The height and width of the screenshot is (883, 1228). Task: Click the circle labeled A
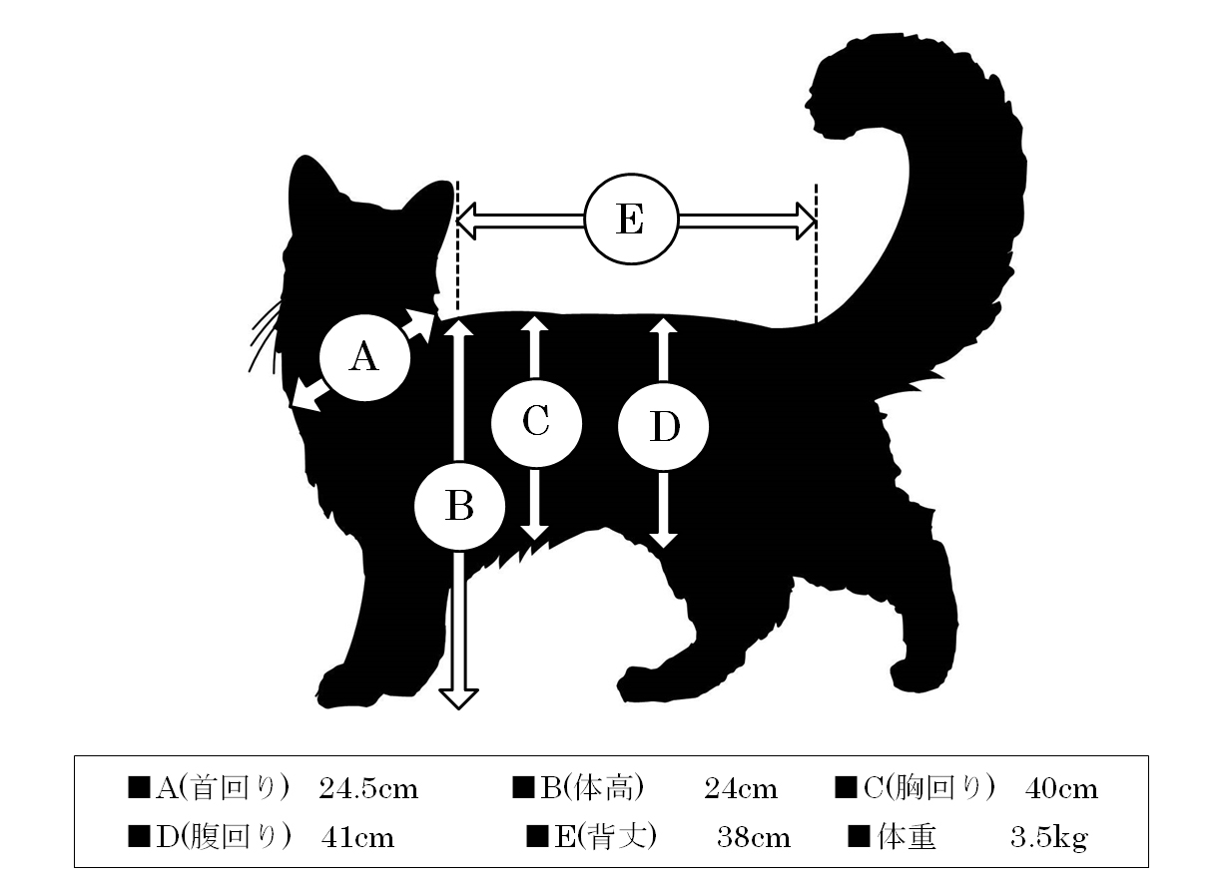pos(364,358)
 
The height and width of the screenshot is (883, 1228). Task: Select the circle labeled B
pos(459,507)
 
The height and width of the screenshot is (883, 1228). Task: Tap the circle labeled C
pos(536,422)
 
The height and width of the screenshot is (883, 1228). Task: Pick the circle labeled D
pos(663,426)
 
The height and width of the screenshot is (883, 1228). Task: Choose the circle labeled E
pos(632,220)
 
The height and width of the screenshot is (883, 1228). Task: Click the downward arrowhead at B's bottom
pos(459,698)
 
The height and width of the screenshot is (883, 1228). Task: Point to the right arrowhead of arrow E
pos(806,221)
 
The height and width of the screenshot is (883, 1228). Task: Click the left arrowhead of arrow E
pos(466,221)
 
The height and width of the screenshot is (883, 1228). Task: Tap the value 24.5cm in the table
pos(368,789)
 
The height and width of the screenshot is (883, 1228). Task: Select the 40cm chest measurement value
pos(1062,789)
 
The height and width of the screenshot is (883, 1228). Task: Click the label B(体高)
pos(592,789)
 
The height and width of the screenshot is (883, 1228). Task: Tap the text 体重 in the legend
pos(907,837)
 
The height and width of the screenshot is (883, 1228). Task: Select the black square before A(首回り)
pos(139,787)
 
